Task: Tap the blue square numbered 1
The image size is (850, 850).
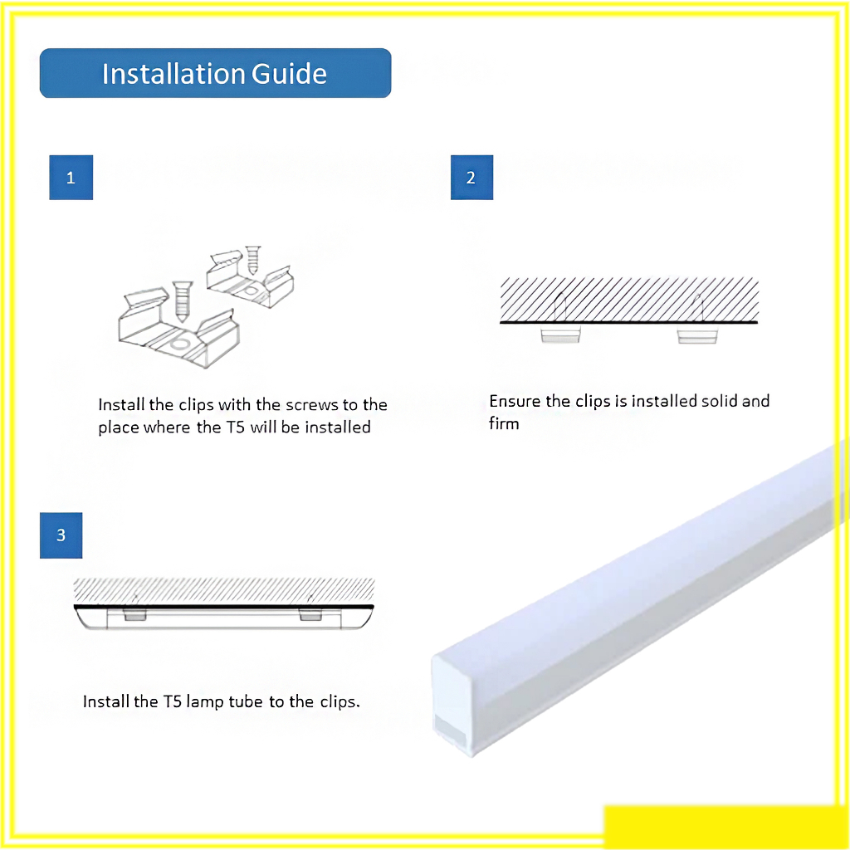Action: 71,178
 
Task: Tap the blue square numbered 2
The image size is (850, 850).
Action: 471,178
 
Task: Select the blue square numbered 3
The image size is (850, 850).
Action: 61,535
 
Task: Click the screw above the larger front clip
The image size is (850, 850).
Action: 182,300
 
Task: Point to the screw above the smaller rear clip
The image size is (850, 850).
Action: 252,260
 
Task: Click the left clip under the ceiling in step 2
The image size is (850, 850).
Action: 560,334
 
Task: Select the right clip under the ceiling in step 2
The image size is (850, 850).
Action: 697,334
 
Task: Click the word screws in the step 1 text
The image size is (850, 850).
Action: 312,405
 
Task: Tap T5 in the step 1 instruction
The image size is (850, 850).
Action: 235,427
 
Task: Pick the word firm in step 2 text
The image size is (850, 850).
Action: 504,423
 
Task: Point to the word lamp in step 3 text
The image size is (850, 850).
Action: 205,702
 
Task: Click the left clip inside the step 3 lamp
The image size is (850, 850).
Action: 135,614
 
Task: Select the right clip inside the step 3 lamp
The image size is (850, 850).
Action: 310,614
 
